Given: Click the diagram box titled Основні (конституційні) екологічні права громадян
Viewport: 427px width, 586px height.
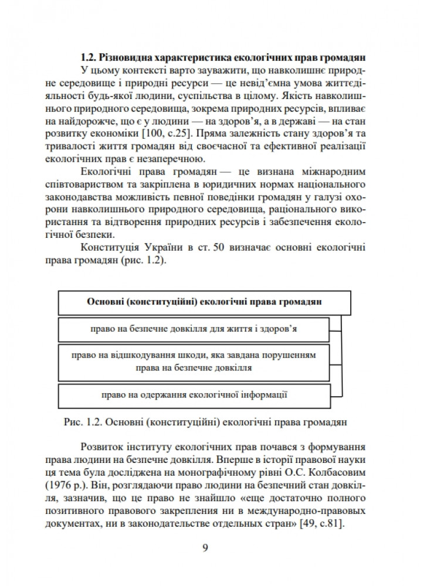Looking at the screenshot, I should pyautogui.click(x=204, y=302).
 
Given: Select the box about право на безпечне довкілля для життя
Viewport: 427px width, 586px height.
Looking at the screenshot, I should pyautogui.click(x=194, y=328).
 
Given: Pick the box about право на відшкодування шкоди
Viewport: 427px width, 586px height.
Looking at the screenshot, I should pyautogui.click(x=194, y=362).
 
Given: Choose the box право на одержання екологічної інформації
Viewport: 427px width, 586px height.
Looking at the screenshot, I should pyautogui.click(x=194, y=395).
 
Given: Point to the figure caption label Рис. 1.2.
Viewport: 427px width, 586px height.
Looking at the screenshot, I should pyautogui.click(x=80, y=420).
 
